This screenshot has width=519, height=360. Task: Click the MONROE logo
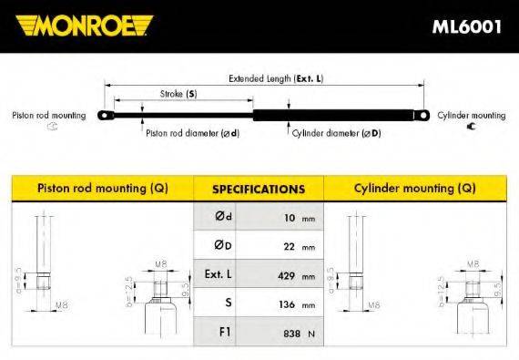86,26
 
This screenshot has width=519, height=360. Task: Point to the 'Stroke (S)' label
178,94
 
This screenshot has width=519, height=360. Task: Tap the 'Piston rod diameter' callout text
192,132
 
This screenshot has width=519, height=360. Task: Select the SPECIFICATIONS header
258,190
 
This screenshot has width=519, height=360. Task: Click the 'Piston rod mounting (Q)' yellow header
102,189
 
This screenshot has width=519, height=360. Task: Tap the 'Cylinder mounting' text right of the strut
471,116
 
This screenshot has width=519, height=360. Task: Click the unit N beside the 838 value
310,334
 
